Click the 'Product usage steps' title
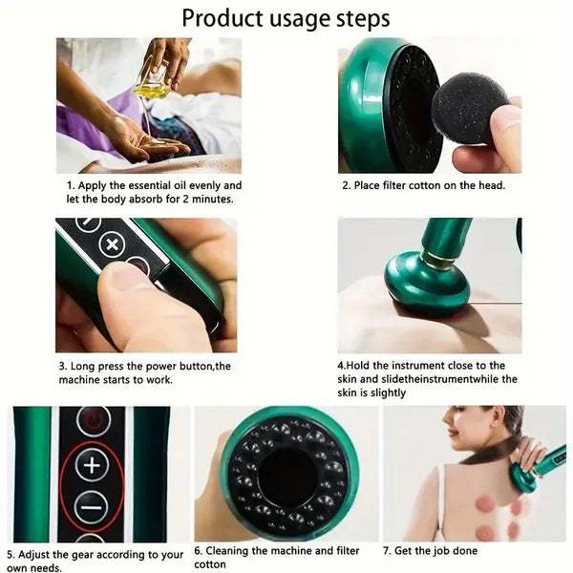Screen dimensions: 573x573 286,18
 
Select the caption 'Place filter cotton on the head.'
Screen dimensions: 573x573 424,185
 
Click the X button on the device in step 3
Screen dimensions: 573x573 113,244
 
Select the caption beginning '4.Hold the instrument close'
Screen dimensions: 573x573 427,365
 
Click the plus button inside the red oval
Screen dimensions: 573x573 92,465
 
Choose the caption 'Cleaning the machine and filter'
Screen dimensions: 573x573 278,551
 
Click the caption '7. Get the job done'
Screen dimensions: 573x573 430,551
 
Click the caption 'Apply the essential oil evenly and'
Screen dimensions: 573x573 155,185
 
